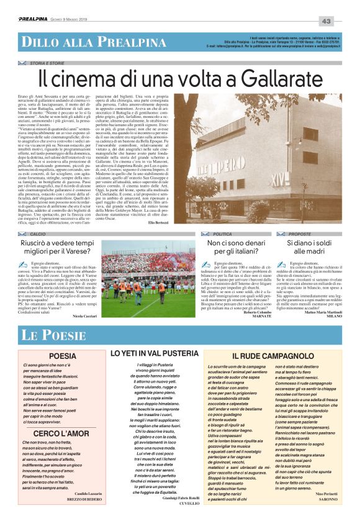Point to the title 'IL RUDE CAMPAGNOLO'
[x=271, y=355]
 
